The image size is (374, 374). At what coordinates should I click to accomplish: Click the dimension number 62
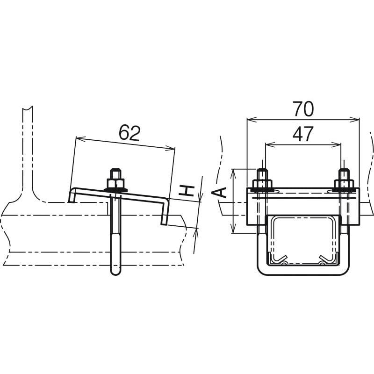(x=129, y=133)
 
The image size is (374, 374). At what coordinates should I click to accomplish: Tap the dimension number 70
(x=303, y=109)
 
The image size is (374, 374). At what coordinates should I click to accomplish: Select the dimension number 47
(x=302, y=134)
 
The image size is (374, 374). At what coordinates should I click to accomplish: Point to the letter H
(x=186, y=191)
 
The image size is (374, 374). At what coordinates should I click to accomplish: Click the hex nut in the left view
(x=115, y=183)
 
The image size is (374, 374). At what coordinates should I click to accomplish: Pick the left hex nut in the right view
(x=262, y=184)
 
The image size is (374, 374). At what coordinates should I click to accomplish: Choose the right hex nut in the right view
(x=344, y=184)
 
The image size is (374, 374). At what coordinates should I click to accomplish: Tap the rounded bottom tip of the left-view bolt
(x=115, y=272)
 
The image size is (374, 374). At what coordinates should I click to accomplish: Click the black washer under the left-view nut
(x=115, y=190)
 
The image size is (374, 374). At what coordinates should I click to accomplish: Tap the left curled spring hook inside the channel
(x=280, y=259)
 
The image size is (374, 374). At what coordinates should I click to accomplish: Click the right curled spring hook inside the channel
(x=325, y=259)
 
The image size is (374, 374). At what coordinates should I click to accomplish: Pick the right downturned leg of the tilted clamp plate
(x=165, y=212)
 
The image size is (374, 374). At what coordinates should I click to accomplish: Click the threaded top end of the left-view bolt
(x=115, y=173)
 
